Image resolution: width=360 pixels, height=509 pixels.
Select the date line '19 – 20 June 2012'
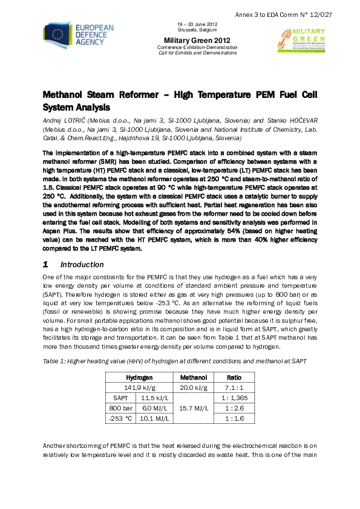coord(197,24)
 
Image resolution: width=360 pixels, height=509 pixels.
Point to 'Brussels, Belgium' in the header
coord(197,29)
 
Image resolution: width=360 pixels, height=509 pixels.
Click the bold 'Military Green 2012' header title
coord(197,40)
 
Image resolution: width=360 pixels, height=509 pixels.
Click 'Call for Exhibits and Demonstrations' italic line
coord(197,53)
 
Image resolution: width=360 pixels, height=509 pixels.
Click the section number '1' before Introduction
coord(45,265)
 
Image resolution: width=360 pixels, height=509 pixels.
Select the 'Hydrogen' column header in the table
coord(139,377)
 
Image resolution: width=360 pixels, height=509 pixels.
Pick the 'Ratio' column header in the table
coord(233,377)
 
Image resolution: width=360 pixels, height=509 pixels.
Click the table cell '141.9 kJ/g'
coord(139,387)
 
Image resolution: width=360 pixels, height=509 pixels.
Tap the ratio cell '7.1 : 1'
coord(233,387)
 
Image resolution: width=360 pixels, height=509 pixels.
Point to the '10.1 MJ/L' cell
coord(155,419)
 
